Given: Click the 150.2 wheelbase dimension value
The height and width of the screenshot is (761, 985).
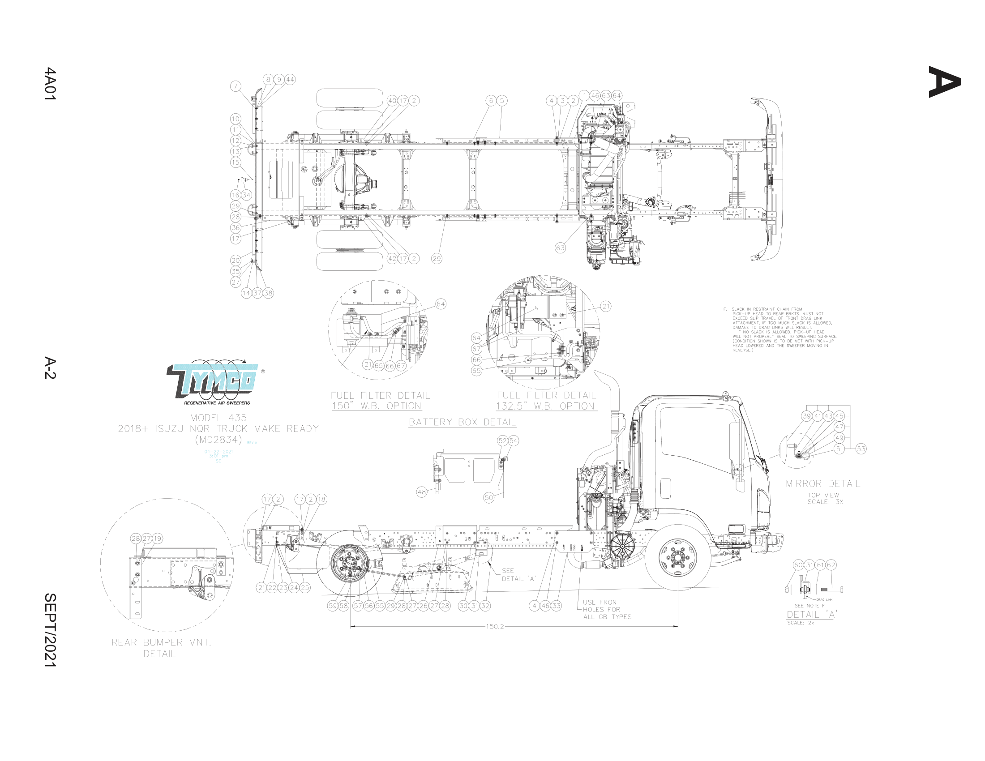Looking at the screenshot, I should [495, 627].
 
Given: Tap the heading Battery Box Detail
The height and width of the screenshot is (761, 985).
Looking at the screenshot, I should [462, 423].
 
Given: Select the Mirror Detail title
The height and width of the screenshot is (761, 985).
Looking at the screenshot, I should [823, 484].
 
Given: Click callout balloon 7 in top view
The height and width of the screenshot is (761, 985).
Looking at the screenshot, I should [236, 86].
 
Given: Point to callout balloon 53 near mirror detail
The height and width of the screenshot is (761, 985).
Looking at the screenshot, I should [861, 449].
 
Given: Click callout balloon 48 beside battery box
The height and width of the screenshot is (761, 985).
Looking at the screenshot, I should [422, 492].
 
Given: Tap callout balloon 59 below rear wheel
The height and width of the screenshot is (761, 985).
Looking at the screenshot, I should [333, 606].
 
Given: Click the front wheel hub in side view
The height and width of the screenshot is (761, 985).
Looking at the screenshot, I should [677, 558].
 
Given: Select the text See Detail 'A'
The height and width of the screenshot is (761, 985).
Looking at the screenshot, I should [518, 575].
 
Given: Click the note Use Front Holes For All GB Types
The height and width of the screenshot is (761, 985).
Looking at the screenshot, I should [607, 610].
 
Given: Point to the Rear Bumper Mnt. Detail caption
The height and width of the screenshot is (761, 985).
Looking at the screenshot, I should [161, 648].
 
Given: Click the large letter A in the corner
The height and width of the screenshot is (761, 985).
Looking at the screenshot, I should [944, 81].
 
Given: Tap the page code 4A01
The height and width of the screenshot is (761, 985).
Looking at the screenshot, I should [50, 84].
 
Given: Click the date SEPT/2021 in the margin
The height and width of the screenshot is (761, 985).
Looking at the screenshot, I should [50, 630].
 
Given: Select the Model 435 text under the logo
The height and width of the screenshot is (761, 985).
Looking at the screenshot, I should [218, 418].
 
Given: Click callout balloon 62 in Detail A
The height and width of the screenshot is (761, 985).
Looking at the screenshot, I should [831, 565].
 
